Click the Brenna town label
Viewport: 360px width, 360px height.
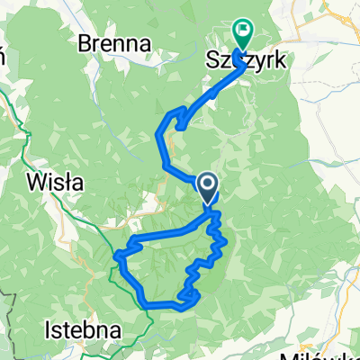[x=113, y=42]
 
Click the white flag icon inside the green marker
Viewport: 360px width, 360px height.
[x=242, y=31]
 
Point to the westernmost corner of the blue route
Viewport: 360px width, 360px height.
[x=116, y=258]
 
